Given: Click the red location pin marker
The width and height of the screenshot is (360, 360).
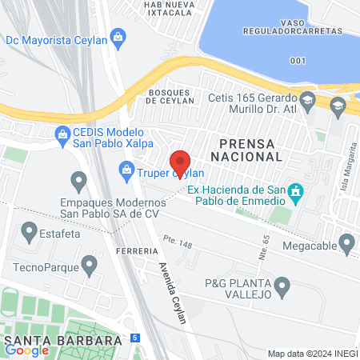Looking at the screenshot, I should [x=180, y=162].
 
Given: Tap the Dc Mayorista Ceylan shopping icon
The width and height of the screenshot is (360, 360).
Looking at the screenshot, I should [x=118, y=36].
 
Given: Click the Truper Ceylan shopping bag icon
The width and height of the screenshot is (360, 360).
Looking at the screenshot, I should [x=126, y=169].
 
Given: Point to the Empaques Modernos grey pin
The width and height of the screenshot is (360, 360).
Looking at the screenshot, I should [x=78, y=182].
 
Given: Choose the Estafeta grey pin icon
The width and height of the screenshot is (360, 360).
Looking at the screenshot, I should [x=30, y=233].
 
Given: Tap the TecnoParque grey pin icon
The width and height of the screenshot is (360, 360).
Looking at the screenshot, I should [x=90, y=262].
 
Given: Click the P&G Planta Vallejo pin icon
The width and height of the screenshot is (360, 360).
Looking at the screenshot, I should [x=282, y=286].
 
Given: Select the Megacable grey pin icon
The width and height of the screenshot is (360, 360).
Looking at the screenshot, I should [x=346, y=242].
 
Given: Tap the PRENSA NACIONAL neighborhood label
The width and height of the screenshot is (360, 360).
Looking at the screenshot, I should [x=245, y=150].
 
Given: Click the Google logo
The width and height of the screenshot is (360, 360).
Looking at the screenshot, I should [x=26, y=350].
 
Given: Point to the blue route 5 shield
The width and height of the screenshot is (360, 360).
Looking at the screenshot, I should [x=135, y=338].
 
